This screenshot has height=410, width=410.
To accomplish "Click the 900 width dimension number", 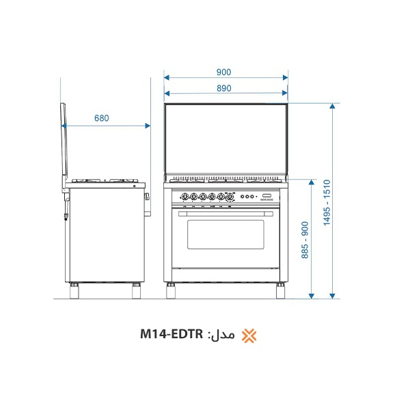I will tap(223, 72).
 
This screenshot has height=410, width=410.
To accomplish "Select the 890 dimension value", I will tap(223, 88).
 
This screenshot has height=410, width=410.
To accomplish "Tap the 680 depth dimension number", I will tap(101, 118).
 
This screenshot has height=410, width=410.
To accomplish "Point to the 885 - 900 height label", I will tap(305, 239).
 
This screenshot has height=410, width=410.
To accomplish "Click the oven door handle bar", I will tap(225, 213).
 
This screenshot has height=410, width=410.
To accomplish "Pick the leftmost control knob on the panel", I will tap(183, 197).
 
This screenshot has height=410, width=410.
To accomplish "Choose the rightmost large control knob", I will tap(231, 197).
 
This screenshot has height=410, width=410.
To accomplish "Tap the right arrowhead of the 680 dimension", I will tap(147, 125).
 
